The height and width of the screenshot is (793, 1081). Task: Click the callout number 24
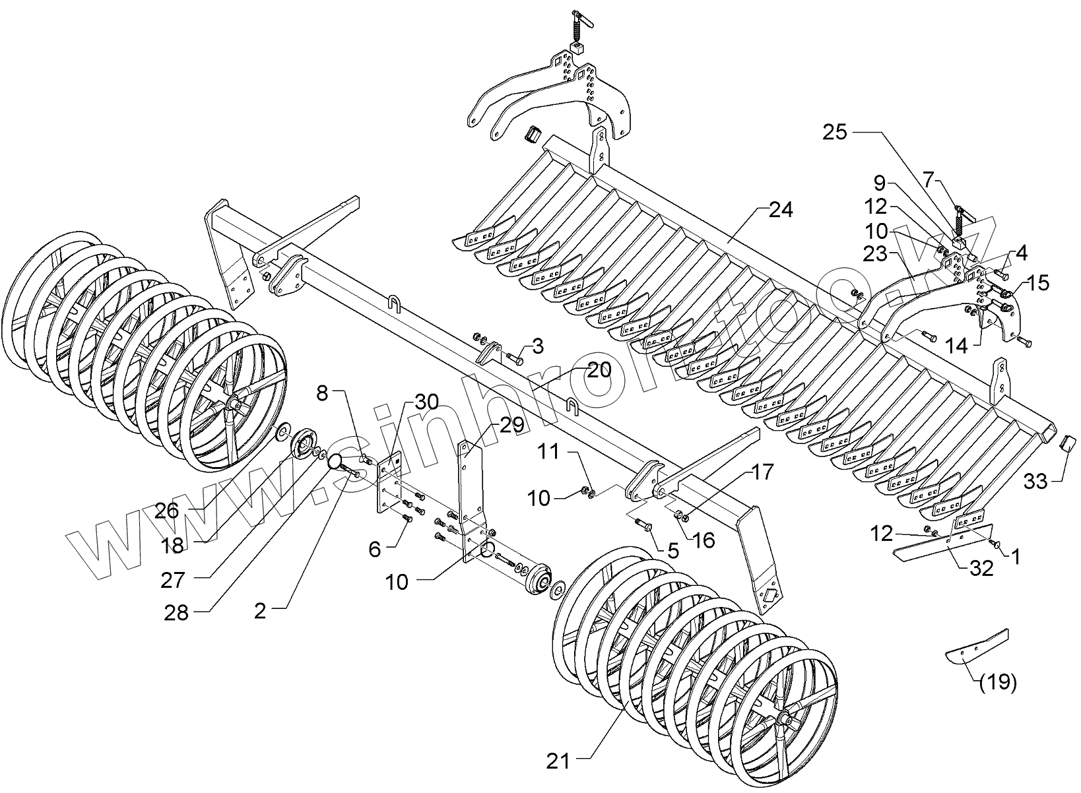tap(781, 210)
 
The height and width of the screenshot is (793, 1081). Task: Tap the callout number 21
tap(558, 761)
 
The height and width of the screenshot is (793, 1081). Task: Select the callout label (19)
tap(998, 683)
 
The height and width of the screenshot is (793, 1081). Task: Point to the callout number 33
tap(1035, 481)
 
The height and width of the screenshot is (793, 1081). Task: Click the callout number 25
tap(834, 132)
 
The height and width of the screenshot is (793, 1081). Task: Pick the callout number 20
tap(599, 370)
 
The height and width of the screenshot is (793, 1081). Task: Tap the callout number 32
tap(981, 568)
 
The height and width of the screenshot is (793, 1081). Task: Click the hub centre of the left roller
tap(233, 404)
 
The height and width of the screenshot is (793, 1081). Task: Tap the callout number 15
tap(1037, 283)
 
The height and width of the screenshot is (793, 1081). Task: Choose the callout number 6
tap(375, 548)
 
